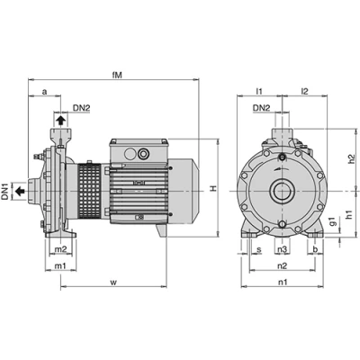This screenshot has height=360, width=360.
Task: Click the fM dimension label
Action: click(117, 75)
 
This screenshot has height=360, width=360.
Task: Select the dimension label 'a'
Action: click(44, 92)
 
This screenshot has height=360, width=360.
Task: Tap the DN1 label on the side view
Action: click(5, 191)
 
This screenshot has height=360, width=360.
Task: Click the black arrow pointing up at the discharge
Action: click(60, 121)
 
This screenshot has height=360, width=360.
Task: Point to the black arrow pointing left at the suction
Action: click(20, 191)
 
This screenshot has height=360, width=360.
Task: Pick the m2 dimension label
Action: click(60, 248)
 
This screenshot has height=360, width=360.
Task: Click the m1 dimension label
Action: click(60, 265)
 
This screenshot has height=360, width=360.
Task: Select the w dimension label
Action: click(113, 283)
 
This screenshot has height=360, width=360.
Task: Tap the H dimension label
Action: click(212, 188)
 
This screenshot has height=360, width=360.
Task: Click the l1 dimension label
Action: click(259, 91)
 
